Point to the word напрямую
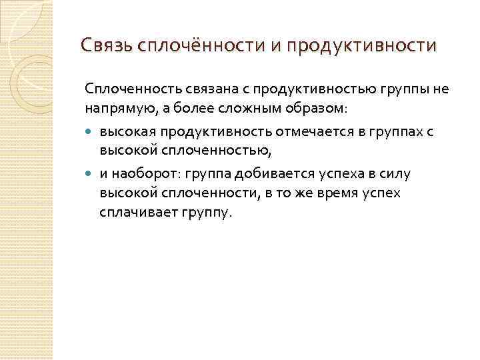(x=113, y=107)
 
